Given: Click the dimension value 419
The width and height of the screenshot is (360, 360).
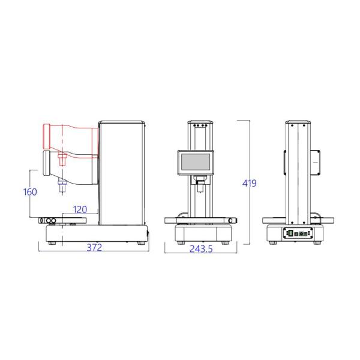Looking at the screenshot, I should (249, 183).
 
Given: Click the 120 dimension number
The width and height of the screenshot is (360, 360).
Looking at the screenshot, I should (80, 209).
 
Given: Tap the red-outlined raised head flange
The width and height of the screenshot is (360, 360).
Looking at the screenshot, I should (47, 137).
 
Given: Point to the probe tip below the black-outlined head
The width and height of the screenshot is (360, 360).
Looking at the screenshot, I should (61, 190).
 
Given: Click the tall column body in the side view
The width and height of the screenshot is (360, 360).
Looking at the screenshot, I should (122, 171).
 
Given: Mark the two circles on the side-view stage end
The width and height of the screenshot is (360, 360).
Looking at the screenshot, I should (50, 221).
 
